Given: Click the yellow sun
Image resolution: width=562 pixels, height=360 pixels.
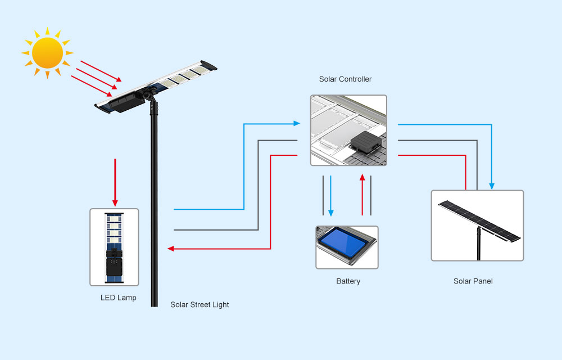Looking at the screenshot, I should point(47,52).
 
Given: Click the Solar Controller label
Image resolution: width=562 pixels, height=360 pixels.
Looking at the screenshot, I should point(345,79).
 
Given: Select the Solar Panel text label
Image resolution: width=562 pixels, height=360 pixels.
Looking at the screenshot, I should point(473,281).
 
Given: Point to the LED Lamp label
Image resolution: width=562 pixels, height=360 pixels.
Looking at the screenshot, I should point(118,298).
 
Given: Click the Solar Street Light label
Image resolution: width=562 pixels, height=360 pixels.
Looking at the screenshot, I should point(200,305).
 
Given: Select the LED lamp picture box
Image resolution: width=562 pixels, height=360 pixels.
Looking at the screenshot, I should point(114,247).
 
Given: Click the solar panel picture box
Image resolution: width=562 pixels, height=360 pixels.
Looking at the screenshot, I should point(477,225).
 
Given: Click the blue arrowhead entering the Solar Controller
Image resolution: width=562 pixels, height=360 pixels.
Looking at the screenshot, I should point(296,123).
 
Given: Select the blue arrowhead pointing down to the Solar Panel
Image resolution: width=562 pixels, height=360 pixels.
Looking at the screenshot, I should point(492,186).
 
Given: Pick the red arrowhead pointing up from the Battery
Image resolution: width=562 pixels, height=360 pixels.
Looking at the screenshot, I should point(362,178).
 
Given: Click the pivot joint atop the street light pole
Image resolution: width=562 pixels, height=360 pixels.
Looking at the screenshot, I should point(149,95).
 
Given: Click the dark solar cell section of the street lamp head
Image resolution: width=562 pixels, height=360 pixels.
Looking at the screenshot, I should point(125,102).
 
